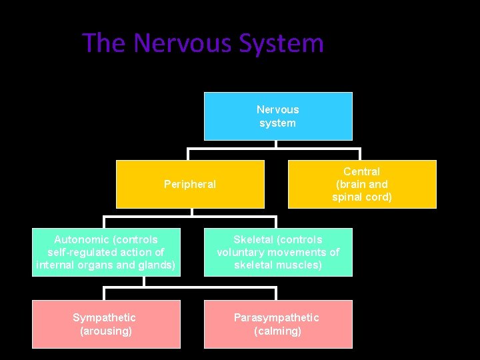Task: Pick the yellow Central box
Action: (362, 184)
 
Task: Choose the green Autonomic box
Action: (106, 252)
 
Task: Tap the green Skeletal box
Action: (278, 252)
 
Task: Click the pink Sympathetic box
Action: (106, 324)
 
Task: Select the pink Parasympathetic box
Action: (278, 324)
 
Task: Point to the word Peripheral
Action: (190, 184)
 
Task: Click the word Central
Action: (362, 171)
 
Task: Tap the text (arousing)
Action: (106, 331)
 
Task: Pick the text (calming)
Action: (278, 331)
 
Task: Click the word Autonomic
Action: (77, 239)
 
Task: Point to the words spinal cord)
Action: (362, 197)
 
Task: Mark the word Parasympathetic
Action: (277, 317)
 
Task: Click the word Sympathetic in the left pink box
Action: (104, 317)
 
